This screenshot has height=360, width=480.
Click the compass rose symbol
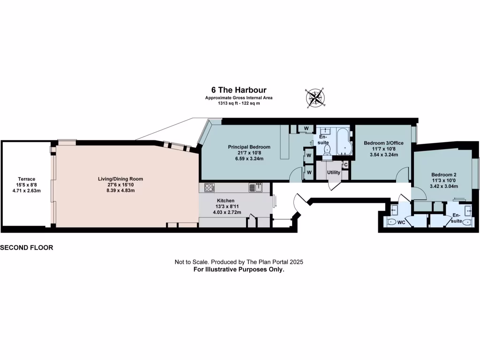click(x=315, y=97)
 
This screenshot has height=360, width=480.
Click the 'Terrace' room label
click(x=27, y=179)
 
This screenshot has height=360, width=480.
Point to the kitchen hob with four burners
click(x=210, y=187)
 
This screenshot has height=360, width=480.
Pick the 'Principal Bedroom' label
click(x=249, y=147)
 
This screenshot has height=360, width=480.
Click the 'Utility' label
click(x=334, y=172)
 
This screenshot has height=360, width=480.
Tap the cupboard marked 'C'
click(x=345, y=165)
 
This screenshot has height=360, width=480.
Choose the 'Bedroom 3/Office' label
click(x=384, y=142)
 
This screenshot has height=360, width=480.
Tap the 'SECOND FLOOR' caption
click(x=27, y=247)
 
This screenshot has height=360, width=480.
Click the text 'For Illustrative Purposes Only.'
click(x=239, y=270)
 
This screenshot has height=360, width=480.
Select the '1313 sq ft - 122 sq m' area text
click(x=239, y=103)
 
